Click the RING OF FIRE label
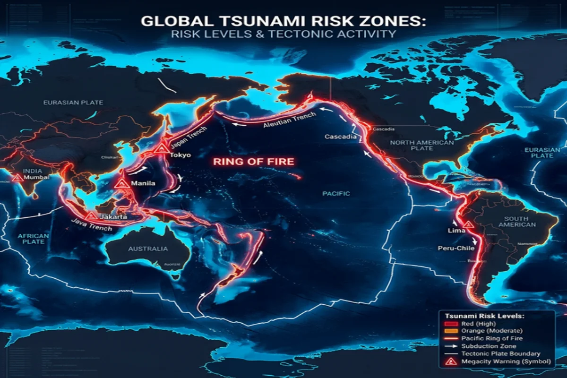(x=254, y=162)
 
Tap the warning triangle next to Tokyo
(x=162, y=148)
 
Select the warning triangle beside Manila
(x=121, y=184)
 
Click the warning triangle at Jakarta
(x=91, y=216)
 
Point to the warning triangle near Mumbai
(x=17, y=178)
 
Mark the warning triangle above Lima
(x=468, y=225)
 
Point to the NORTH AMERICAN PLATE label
(x=422, y=145)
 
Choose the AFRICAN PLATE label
(x=34, y=239)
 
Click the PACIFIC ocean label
(x=336, y=193)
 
